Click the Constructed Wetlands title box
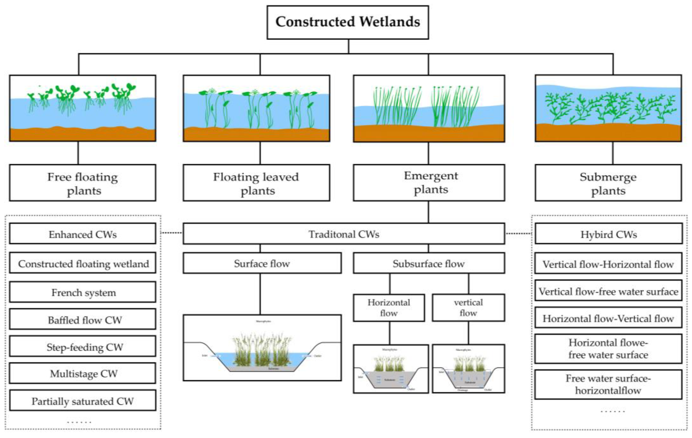pyautogui.click(x=347, y=22)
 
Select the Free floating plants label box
pyautogui.click(x=83, y=183)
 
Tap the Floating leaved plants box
pyautogui.click(x=256, y=183)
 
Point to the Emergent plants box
pyautogui.click(x=429, y=183)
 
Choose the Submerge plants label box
pyautogui.click(x=608, y=183)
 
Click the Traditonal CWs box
pyautogui.click(x=344, y=234)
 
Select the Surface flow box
pyautogui.click(x=262, y=263)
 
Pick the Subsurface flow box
pyautogui.click(x=429, y=263)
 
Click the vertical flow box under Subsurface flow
pyautogui.click(x=468, y=308)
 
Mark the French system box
pyautogui.click(x=83, y=292)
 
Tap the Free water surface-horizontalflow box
pyautogui.click(x=608, y=385)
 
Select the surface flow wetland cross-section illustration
pyautogui.click(x=262, y=348)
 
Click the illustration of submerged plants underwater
pyautogui.click(x=608, y=108)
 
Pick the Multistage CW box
pyautogui.click(x=83, y=373)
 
